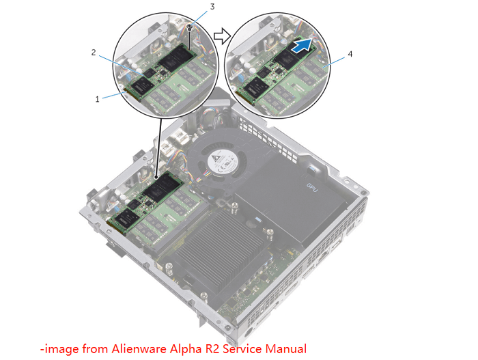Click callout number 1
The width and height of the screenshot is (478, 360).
(98, 98)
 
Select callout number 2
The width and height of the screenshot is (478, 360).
(94, 51)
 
